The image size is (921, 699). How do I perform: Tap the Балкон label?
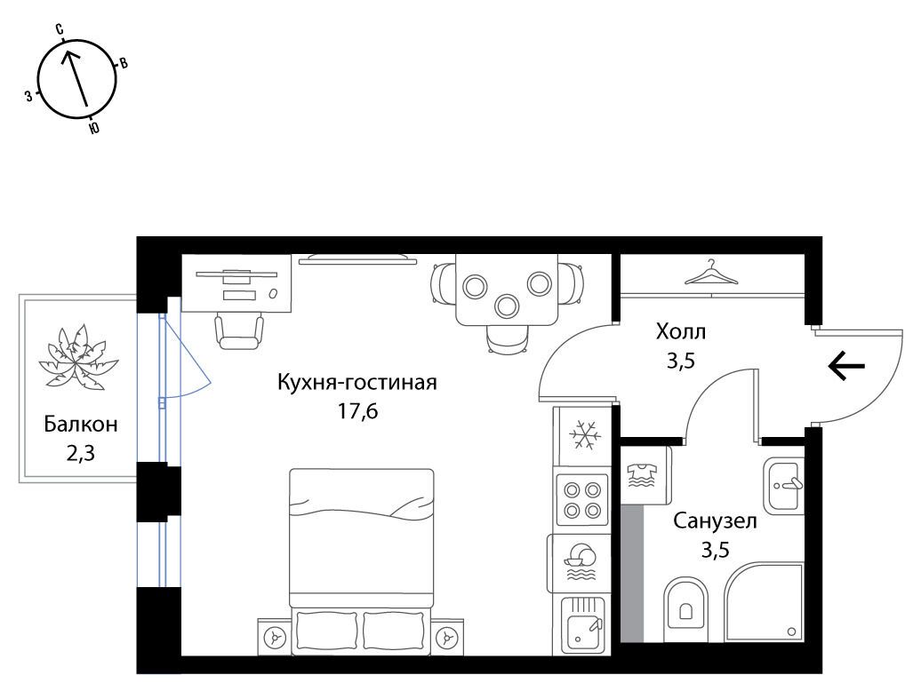(x=81, y=424)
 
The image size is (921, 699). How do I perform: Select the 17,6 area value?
(x=357, y=411)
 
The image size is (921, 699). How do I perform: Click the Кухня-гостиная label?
(x=357, y=382)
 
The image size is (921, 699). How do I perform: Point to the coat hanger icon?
(x=712, y=273)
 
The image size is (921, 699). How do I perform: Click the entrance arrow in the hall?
(x=846, y=366)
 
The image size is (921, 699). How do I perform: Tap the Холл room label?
(x=681, y=332)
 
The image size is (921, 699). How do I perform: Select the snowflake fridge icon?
(x=584, y=435)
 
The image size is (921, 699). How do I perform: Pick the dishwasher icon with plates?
(x=579, y=562)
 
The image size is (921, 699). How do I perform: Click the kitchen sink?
(x=582, y=624)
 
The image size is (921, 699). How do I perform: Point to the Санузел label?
(x=715, y=521)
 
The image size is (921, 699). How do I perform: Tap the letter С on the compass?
(x=60, y=28)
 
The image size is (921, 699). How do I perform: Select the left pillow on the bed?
(x=326, y=633)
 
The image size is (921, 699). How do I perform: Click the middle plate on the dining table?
(x=507, y=305)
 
